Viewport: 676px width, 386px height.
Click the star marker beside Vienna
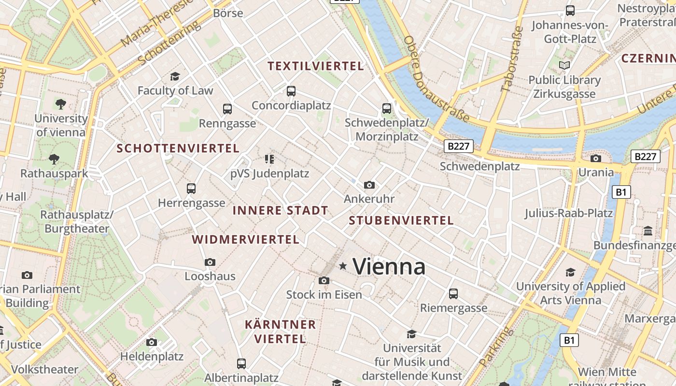343,266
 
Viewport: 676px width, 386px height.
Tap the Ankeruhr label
369,199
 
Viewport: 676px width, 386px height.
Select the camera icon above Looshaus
210,262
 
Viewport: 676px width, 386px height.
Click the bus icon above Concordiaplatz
291,91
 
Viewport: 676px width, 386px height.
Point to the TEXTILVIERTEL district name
316,66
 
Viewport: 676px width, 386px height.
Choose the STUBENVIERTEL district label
401,221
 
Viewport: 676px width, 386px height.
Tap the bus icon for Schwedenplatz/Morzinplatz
386,108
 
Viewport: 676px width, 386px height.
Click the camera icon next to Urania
596,158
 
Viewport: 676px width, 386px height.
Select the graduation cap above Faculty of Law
175,76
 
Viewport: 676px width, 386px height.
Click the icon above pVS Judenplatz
269,159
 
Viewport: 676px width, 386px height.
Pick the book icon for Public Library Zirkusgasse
564,65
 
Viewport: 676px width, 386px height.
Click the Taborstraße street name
512,59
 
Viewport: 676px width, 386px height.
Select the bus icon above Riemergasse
453,293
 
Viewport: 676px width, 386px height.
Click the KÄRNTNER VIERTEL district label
280,331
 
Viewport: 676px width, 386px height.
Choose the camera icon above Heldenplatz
152,342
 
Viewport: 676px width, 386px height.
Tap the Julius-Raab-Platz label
568,213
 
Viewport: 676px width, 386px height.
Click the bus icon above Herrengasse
191,188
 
